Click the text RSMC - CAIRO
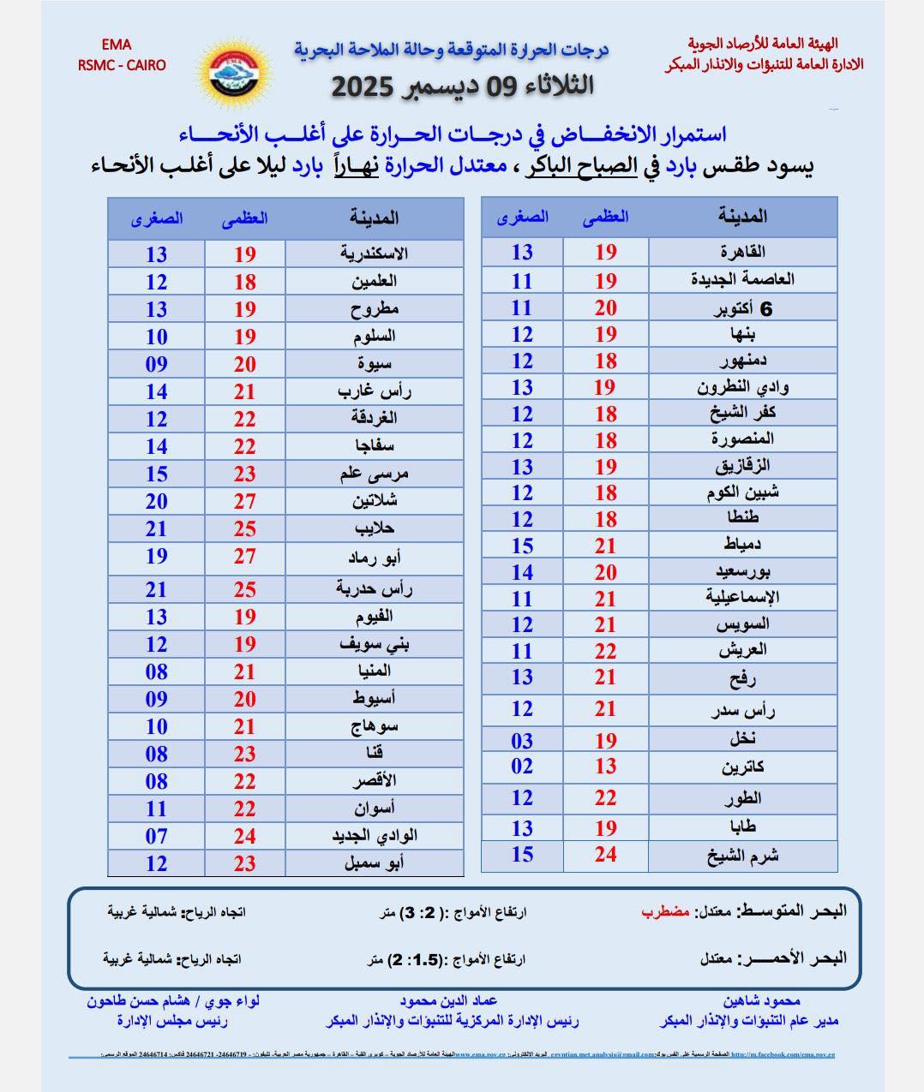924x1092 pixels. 122,65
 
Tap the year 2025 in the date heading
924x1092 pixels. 363,87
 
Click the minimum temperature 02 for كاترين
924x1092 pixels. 522,767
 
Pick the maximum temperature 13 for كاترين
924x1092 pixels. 606,767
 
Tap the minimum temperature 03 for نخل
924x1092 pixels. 522,740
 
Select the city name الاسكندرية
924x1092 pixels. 374,254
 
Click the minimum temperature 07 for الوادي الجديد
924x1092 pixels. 156,836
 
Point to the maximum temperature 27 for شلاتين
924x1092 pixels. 245,501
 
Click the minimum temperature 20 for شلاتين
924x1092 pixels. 156,501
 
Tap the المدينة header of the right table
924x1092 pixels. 742,217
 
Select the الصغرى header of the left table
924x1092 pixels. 157,218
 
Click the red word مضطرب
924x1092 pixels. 665,911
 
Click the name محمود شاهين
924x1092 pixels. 761,1000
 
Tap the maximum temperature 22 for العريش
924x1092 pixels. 606,651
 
